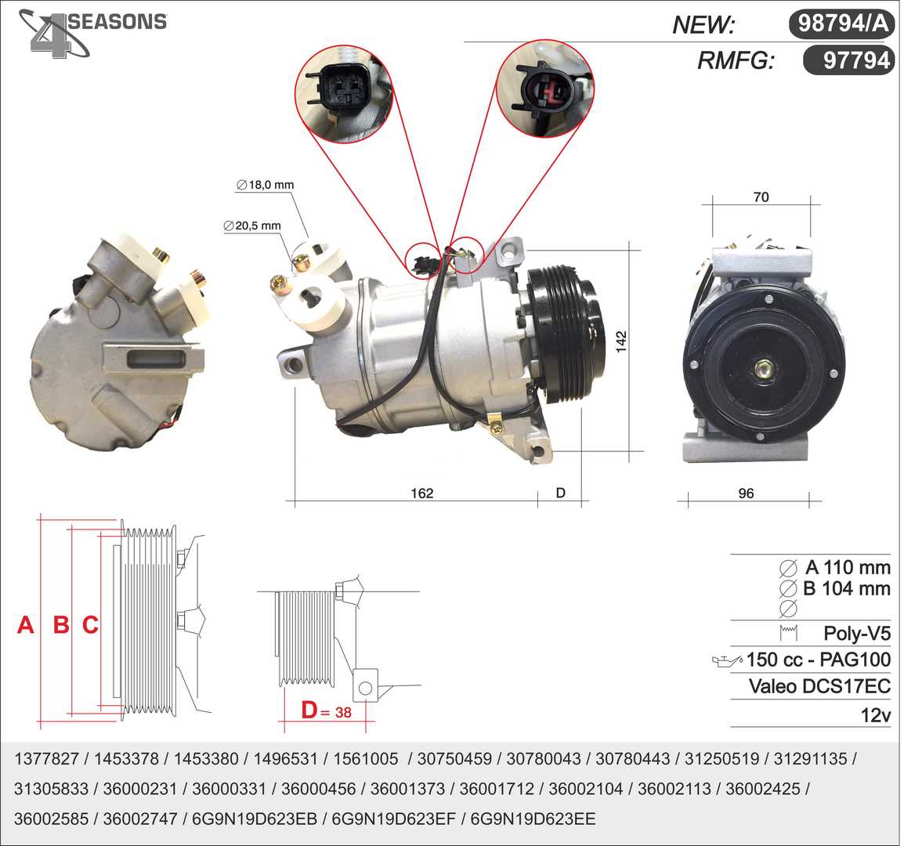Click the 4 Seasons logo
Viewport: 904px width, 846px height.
click(x=92, y=33)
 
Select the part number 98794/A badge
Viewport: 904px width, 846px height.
click(x=841, y=23)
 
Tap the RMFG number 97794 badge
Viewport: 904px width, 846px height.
click(x=848, y=60)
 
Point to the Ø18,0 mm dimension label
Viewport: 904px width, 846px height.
click(x=266, y=185)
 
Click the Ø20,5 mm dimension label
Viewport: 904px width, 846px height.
click(x=252, y=226)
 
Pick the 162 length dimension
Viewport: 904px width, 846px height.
click(x=421, y=493)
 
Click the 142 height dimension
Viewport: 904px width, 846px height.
click(x=621, y=342)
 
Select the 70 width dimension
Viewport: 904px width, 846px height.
click(x=761, y=197)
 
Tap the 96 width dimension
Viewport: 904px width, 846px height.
click(x=746, y=493)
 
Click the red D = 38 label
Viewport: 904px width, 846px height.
click(x=327, y=710)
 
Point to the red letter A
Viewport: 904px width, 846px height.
click(x=25, y=625)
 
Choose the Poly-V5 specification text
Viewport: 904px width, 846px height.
click(x=857, y=633)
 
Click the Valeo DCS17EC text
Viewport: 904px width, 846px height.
click(x=820, y=686)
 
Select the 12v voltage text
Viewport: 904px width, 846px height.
click(x=876, y=715)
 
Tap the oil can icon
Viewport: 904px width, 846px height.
click(x=728, y=661)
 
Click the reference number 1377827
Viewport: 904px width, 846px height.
click(x=46, y=758)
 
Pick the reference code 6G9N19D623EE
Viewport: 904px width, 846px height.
click(x=533, y=819)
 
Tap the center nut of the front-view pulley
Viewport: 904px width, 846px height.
click(x=765, y=371)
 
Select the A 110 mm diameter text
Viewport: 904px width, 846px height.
click(x=848, y=567)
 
